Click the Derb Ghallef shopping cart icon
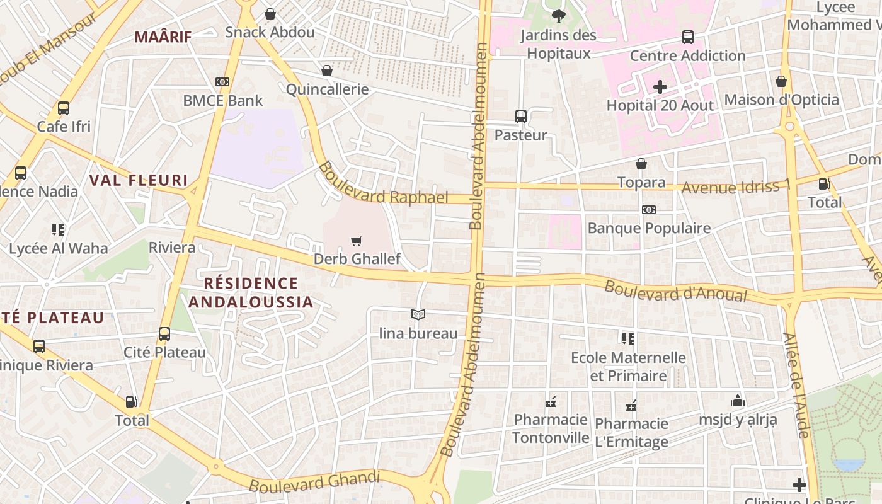point(357,240)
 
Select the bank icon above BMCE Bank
point(222,82)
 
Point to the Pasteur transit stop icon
point(520,116)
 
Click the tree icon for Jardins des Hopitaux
point(558,16)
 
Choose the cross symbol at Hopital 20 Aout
point(660,86)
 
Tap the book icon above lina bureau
point(418,314)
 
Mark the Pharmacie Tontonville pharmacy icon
point(551,401)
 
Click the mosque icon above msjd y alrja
point(738,401)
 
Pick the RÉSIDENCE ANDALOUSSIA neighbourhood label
point(251,293)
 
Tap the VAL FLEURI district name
point(139,181)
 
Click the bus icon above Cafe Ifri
point(64,108)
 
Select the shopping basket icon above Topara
point(641,164)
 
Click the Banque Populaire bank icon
point(649,210)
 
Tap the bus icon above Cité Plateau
point(164,333)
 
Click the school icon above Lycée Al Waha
point(58,229)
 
